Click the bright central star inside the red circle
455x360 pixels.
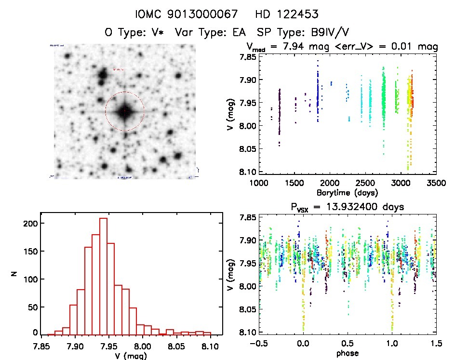pyautogui.click(x=125, y=111)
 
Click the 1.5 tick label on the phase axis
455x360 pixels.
pyautogui.click(x=437, y=344)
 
